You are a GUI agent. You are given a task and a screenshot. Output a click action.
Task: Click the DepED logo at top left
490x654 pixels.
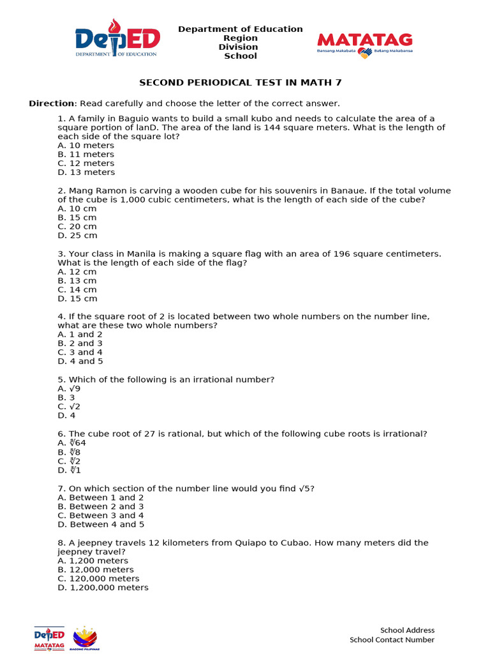coord(117,39)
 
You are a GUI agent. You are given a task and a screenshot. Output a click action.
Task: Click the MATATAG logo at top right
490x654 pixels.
coord(364,45)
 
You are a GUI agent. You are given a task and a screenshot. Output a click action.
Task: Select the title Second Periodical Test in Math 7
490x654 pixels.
coord(245,82)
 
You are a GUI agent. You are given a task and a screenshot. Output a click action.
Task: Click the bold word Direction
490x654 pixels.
coord(52,103)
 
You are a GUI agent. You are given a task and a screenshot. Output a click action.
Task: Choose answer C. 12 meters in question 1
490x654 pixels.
coord(85,163)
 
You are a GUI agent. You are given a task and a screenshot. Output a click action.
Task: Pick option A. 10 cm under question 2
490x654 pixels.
coord(77,208)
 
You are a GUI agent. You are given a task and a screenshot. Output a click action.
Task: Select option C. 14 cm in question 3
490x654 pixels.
coord(77,289)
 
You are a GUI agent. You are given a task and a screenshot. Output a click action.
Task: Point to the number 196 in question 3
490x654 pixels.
coord(341,254)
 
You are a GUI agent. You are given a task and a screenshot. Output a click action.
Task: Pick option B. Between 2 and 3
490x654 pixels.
coord(100,506)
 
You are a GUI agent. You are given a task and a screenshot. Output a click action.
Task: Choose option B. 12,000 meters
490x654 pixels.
coord(96,569)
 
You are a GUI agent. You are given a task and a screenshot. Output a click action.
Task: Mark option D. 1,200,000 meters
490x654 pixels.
coord(103,587)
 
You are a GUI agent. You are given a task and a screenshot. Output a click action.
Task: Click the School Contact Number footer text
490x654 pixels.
coord(392,639)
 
